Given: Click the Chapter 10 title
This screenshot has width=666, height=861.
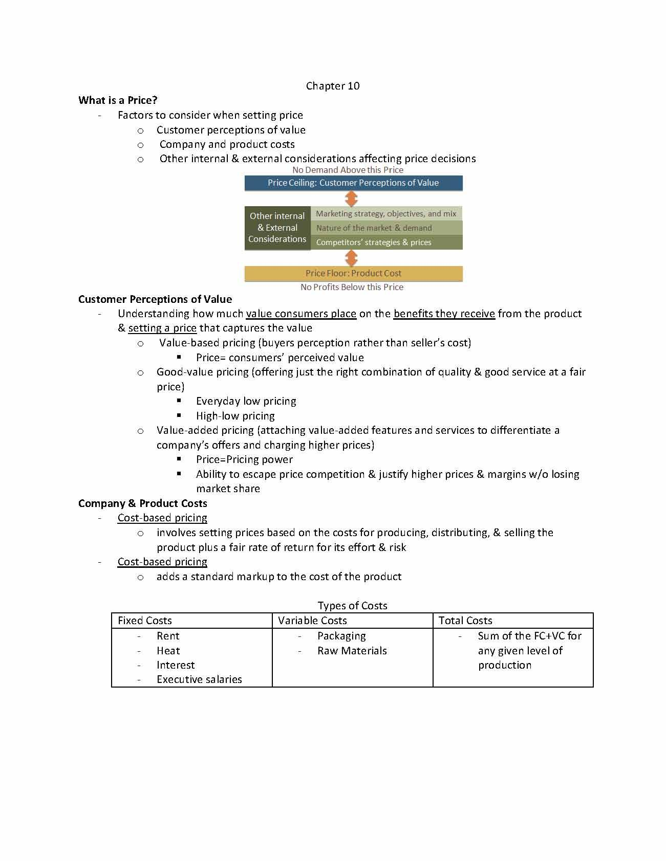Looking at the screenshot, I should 333,86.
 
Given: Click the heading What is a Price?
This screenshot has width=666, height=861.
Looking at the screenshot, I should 118,100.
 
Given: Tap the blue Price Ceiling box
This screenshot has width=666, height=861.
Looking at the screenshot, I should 353,183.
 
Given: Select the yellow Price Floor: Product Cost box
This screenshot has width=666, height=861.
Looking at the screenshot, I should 353,273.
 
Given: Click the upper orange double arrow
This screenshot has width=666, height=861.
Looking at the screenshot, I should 351,198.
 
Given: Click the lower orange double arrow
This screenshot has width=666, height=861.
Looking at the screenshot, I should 351,258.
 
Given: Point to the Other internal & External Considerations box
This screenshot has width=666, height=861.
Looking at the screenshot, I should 277,228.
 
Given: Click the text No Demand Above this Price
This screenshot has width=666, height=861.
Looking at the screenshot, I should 348,170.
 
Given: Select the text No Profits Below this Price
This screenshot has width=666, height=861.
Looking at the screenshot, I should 352,287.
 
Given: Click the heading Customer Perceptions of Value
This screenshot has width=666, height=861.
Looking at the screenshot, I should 155,299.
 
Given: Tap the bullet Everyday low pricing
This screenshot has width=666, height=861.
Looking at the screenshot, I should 246,401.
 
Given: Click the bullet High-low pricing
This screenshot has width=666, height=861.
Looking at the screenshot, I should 235,416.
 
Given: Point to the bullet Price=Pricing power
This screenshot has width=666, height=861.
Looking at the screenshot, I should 244,459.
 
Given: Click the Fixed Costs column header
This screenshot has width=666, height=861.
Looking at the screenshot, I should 145,621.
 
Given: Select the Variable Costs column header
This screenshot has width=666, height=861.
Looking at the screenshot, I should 312,621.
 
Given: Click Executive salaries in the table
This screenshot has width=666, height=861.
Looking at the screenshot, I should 199,679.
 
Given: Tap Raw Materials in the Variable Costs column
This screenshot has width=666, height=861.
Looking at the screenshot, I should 352,651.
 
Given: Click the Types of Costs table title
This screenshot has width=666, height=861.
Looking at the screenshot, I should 352,606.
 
